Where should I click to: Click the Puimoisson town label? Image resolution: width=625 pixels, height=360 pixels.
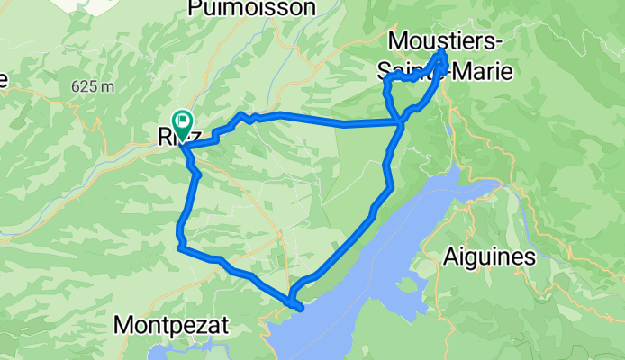(252, 9)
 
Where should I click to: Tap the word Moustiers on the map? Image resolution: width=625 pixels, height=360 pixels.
(446, 40)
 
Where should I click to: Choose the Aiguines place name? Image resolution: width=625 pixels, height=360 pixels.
(489, 257)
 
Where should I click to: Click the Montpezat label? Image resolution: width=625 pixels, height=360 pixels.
(171, 325)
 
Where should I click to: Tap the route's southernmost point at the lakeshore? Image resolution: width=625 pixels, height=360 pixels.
(298, 309)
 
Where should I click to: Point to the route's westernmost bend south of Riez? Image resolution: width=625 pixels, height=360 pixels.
(178, 236)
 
